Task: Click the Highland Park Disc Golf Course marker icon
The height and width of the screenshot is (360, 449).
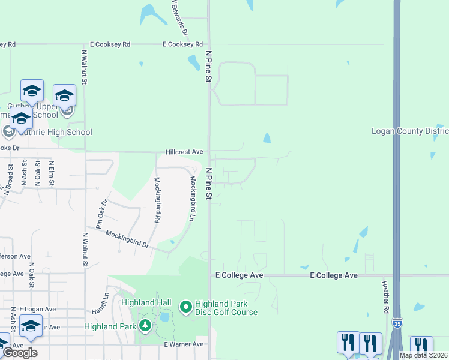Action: tap(185, 308)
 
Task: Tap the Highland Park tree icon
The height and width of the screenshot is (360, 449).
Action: tap(145, 326)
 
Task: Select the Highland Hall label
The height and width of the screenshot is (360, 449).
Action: tap(146, 302)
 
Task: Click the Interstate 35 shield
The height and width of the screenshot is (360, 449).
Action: tap(398, 325)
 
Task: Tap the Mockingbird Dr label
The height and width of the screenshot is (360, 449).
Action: tap(127, 239)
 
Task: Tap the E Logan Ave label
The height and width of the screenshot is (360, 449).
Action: tap(37, 309)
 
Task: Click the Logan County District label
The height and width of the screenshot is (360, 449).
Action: tap(410, 131)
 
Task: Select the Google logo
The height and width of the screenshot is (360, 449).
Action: tap(20, 353)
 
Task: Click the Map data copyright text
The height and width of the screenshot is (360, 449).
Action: tap(423, 355)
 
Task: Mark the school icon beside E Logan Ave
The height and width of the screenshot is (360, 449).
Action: tap(31, 326)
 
